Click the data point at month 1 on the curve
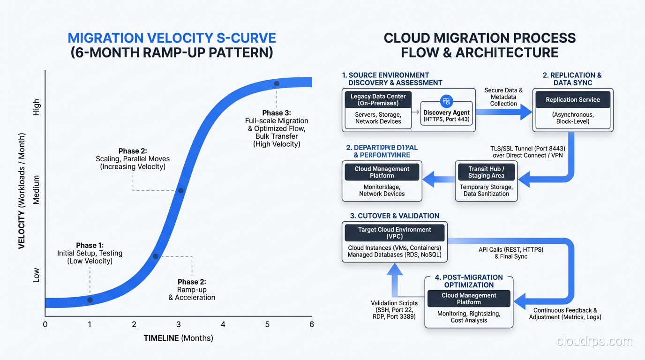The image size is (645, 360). pos(90,300)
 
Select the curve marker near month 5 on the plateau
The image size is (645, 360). pos(277,83)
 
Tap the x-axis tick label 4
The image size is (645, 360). pos(223,324)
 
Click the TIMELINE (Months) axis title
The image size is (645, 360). pos(178,338)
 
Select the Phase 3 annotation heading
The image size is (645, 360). pos(277,113)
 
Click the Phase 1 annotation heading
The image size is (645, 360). pos(90,246)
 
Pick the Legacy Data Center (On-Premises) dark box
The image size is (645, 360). pos(378,100)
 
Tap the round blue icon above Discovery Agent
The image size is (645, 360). pos(446,100)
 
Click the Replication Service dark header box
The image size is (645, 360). pos(572,100)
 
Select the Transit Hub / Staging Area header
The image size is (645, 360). pos(486,172)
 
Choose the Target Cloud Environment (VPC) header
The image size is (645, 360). pos(394,233)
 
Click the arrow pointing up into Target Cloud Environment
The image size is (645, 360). pos(395,272)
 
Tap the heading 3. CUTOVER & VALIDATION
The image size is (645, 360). pos(395,216)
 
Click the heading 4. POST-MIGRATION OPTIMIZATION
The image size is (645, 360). pos(469,281)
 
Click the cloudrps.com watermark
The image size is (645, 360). pos(595,341)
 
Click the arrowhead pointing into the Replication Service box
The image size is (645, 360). pos(526,112)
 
